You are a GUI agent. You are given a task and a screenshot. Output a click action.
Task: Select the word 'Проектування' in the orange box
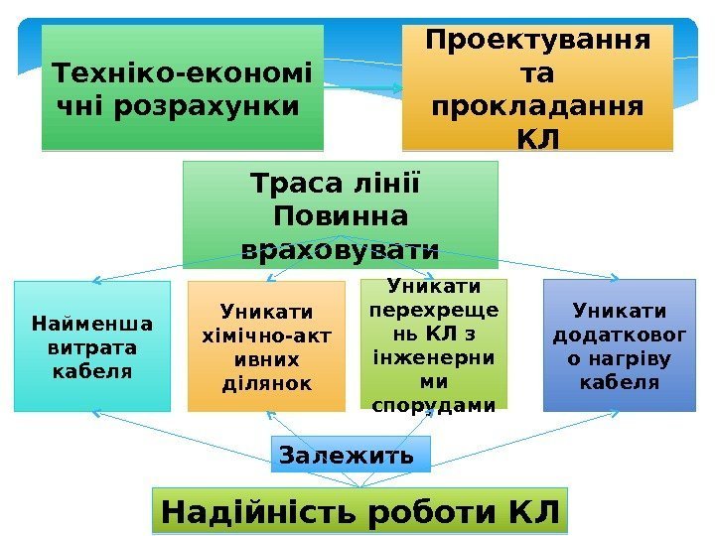(x=538, y=43)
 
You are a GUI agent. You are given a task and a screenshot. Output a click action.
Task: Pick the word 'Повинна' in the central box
(x=341, y=215)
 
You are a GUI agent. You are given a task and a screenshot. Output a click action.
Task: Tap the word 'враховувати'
(x=341, y=248)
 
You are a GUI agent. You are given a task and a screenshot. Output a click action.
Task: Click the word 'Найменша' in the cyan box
(x=92, y=324)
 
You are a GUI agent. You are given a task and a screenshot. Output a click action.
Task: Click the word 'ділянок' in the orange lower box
(x=266, y=382)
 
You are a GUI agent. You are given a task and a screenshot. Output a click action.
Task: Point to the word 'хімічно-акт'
(x=266, y=335)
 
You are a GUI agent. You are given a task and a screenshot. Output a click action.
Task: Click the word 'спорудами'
(x=433, y=404)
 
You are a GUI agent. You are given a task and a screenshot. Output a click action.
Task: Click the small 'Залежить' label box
(x=346, y=456)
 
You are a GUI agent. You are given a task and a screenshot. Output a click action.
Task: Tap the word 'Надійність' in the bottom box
(x=261, y=512)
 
